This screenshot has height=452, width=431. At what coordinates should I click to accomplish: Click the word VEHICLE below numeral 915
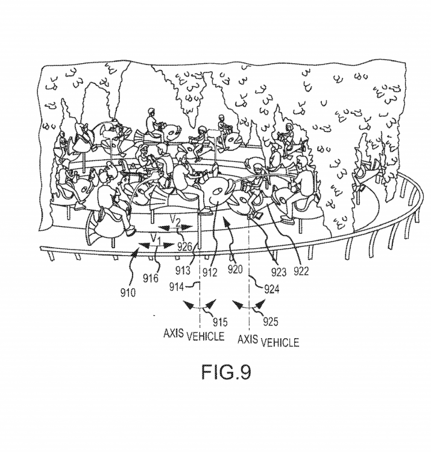204,337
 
